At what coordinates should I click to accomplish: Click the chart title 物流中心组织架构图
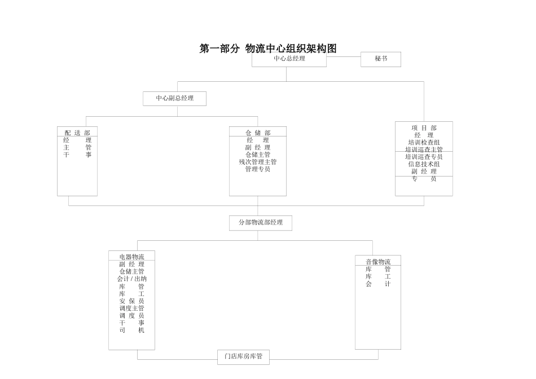pos(268,49)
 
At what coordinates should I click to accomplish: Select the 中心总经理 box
pos(289,59)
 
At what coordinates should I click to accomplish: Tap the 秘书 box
pos(381,59)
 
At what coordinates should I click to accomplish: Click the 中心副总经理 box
pos(174,98)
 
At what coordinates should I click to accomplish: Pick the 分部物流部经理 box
pos(260,223)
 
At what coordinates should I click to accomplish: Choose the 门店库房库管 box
pos(243,356)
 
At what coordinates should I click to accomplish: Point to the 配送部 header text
pos(77,133)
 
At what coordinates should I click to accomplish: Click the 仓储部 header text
pos(258,133)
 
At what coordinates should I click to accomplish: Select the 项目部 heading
pos(424,128)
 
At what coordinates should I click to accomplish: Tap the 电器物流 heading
pos(131,257)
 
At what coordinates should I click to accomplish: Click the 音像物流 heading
pos(378,262)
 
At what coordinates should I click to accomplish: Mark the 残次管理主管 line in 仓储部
pos(258,162)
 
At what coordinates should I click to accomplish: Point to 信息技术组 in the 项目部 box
pos(424,164)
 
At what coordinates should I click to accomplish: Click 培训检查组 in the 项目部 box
pos(424,143)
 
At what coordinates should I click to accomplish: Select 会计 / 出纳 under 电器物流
pos(131,279)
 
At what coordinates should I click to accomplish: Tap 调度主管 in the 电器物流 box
pos(131,308)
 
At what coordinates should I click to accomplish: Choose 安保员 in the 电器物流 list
pos(131,301)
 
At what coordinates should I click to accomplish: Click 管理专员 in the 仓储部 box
pos(258,169)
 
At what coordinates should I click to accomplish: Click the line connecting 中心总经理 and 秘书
pos(343,57)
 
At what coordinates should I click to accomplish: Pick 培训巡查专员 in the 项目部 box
pos(424,157)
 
